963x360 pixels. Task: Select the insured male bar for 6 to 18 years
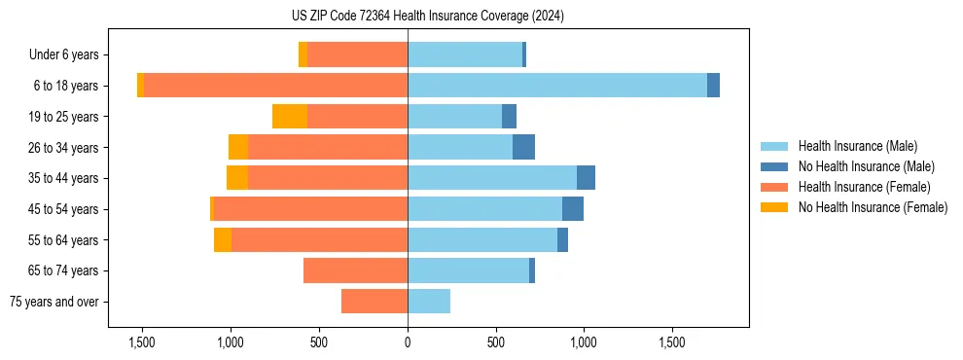pos(556,86)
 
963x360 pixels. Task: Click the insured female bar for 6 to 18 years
pos(275,86)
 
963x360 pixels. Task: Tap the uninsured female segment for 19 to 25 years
pos(290,117)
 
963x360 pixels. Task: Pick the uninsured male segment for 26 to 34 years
pos(523,147)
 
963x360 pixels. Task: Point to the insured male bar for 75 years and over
pos(429,302)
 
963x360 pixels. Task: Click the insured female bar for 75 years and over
pos(374,302)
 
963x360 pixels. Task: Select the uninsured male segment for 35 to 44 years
pos(586,178)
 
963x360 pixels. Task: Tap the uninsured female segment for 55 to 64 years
pos(223,240)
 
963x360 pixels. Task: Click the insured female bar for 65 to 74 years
pos(355,270)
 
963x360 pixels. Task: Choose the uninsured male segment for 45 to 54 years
pos(573,209)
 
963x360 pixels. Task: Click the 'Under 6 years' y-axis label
pos(69,55)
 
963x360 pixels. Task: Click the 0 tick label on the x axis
pos(408,342)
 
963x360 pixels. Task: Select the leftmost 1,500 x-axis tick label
pos(142,342)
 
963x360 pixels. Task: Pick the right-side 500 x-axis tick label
pos(496,342)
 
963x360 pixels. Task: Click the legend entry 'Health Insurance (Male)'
pos(857,146)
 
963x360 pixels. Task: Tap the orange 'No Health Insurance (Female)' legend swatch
pos(774,207)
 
